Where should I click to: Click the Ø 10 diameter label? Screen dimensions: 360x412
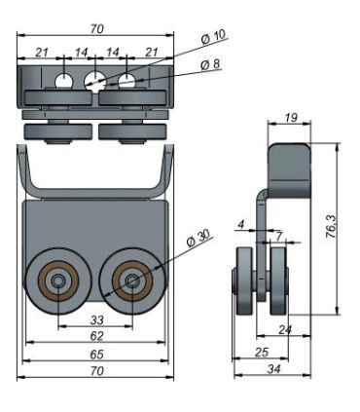(213, 37)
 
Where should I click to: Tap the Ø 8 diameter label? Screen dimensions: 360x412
(210, 64)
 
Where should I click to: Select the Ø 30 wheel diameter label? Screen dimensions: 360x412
(198, 239)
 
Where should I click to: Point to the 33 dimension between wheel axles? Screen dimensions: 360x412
(96, 320)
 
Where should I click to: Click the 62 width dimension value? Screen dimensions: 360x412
(96, 336)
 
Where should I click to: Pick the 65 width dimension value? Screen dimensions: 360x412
(96, 355)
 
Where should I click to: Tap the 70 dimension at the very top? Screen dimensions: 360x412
(96, 29)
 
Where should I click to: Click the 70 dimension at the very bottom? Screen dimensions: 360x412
(96, 371)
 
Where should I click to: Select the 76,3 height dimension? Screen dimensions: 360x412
(331, 226)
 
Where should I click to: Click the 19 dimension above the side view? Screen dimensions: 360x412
(291, 118)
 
